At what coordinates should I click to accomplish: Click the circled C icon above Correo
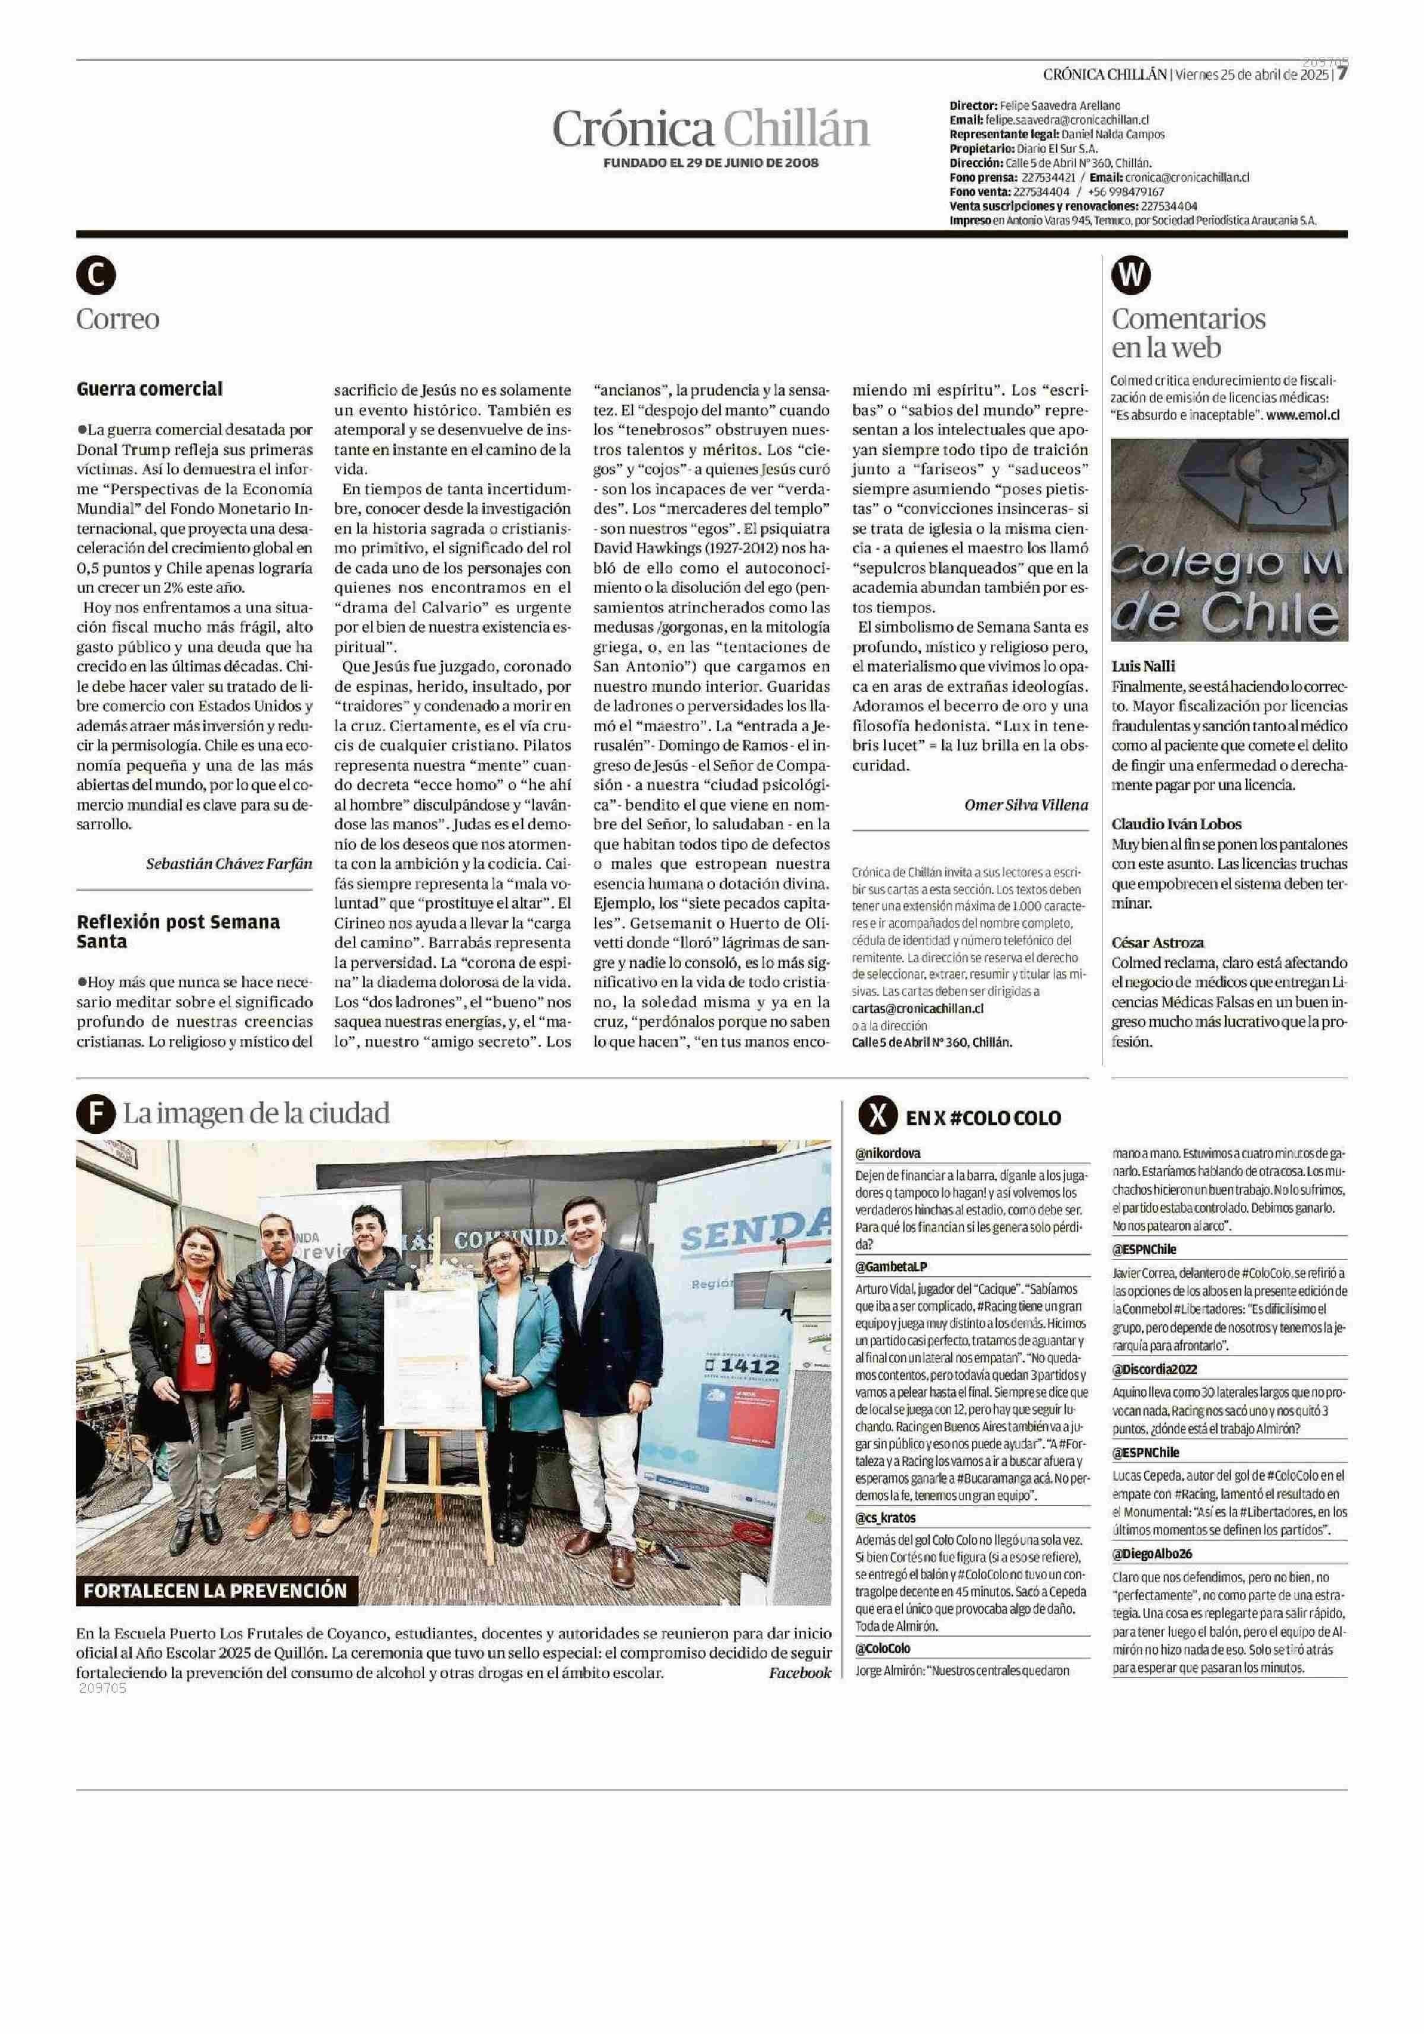pyautogui.click(x=95, y=276)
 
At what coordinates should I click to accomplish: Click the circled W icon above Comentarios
pyautogui.click(x=1131, y=276)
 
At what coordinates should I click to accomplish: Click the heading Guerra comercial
pyautogui.click(x=150, y=389)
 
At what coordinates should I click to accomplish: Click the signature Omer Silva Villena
pyautogui.click(x=1025, y=804)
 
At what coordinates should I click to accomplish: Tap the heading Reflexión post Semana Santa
pyautogui.click(x=178, y=931)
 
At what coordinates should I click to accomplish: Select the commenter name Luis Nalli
pyautogui.click(x=1143, y=666)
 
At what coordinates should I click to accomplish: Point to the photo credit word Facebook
pyautogui.click(x=799, y=1672)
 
